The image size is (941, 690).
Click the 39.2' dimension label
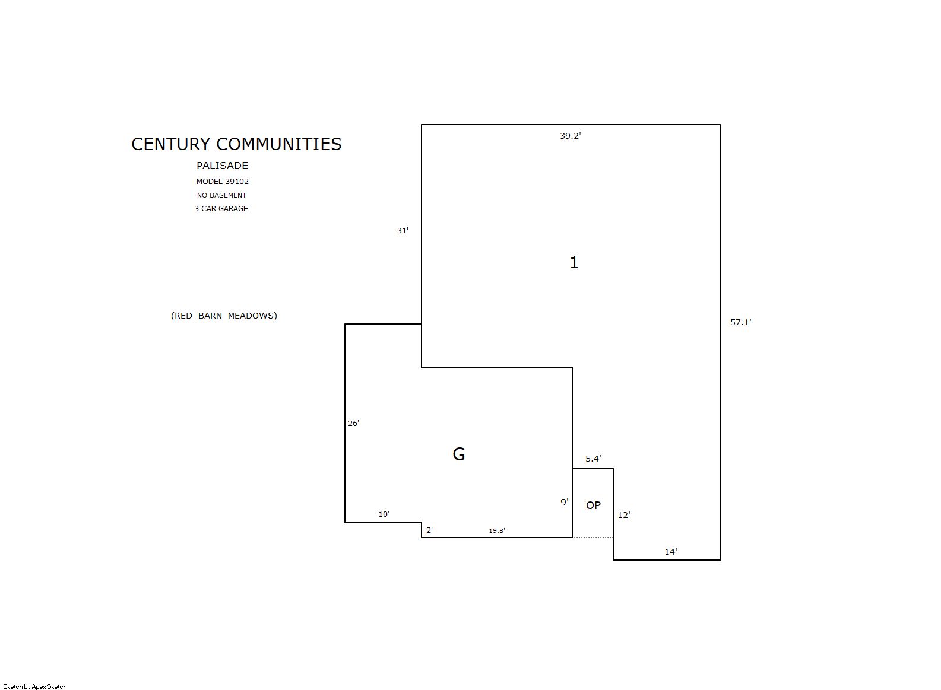point(570,136)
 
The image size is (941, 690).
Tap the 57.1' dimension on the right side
point(740,322)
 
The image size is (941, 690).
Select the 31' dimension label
point(403,230)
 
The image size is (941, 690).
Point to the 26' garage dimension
point(353,424)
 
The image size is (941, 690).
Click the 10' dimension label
point(384,514)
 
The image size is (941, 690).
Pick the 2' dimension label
point(429,530)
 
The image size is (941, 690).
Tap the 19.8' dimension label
point(496,530)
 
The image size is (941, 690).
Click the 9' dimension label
point(565,502)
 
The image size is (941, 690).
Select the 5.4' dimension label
point(593,459)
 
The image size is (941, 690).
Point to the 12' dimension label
point(624,515)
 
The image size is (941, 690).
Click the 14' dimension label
point(670,552)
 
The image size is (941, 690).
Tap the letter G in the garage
point(459,454)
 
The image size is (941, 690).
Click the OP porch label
point(593,505)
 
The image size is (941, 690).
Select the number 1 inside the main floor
point(574,262)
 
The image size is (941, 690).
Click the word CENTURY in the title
point(170,144)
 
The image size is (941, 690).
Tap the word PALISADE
point(222,166)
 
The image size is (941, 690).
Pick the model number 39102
point(236,182)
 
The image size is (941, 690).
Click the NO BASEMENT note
point(221,195)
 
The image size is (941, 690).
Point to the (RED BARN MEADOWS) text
point(224,316)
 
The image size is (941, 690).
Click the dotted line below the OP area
point(593,537)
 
